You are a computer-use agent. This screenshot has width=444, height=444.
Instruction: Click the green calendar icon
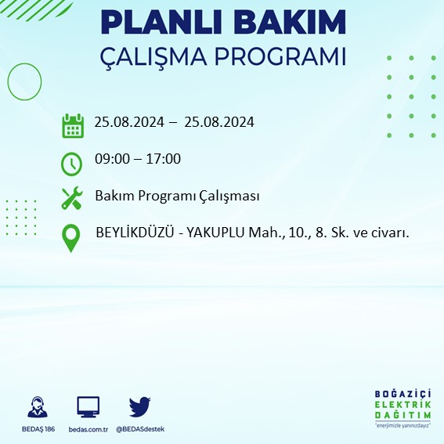click(x=73, y=125)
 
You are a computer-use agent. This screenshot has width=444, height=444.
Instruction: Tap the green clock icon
click(x=71, y=164)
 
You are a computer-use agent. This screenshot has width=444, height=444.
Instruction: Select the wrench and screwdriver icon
click(x=72, y=198)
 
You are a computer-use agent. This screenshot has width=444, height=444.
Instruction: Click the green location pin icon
click(x=71, y=238)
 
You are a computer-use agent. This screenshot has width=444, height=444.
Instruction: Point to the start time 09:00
click(x=110, y=159)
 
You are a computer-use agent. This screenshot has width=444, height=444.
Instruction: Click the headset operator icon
click(x=36, y=408)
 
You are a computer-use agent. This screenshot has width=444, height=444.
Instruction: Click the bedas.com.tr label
click(x=88, y=429)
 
